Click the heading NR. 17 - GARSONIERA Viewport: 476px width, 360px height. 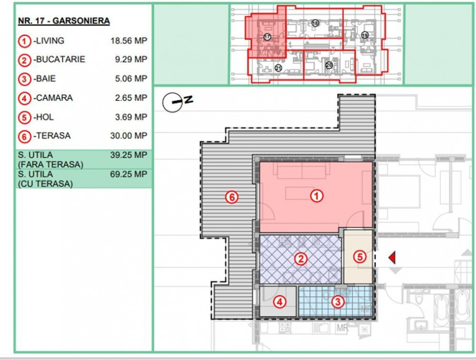point(63,21)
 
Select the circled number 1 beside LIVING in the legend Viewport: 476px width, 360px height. point(24,41)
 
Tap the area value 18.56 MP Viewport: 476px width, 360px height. point(128,41)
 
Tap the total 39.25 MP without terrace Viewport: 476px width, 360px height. point(128,155)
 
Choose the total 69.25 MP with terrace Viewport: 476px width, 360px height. point(128,174)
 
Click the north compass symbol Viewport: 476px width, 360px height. point(173,102)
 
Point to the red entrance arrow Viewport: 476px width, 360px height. point(392,257)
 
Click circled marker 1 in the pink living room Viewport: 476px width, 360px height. point(317,197)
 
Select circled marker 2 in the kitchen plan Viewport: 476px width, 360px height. point(300,259)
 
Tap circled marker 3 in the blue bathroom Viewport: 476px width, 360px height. point(337,302)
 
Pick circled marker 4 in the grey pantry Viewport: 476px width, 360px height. point(280,302)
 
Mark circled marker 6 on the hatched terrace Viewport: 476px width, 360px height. point(231,197)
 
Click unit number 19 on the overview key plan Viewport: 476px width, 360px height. point(365,35)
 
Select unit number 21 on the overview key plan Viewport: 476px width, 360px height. point(279,68)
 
